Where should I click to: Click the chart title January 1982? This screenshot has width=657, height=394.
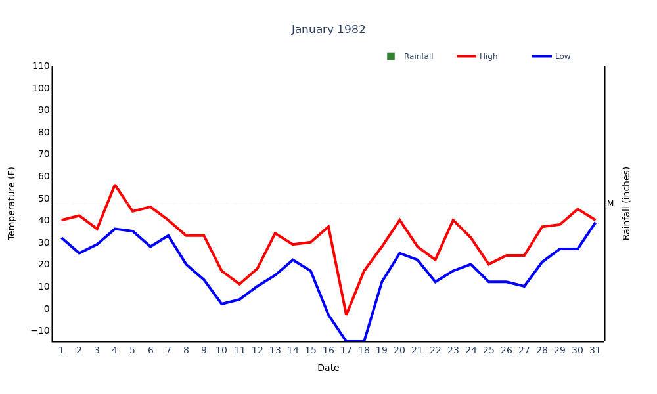click(328, 30)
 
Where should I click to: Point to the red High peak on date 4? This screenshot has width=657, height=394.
click(115, 185)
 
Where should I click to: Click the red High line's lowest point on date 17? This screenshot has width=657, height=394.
click(346, 315)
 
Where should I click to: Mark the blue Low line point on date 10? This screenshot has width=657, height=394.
click(222, 303)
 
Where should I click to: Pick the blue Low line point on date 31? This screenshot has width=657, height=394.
click(595, 223)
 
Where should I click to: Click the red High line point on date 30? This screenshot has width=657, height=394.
click(578, 209)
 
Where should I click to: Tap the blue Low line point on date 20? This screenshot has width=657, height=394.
click(399, 253)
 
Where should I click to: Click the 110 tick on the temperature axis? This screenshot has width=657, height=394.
click(41, 66)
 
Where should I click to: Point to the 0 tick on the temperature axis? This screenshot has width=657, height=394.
click(46, 309)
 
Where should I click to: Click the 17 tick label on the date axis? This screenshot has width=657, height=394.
click(346, 350)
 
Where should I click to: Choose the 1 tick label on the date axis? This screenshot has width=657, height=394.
click(62, 350)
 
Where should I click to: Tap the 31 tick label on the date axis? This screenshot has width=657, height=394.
click(595, 350)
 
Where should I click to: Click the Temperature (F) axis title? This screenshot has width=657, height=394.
click(11, 204)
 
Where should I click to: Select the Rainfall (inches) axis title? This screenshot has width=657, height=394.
click(626, 204)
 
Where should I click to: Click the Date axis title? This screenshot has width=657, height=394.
click(328, 368)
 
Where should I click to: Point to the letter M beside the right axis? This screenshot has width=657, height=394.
click(610, 204)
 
